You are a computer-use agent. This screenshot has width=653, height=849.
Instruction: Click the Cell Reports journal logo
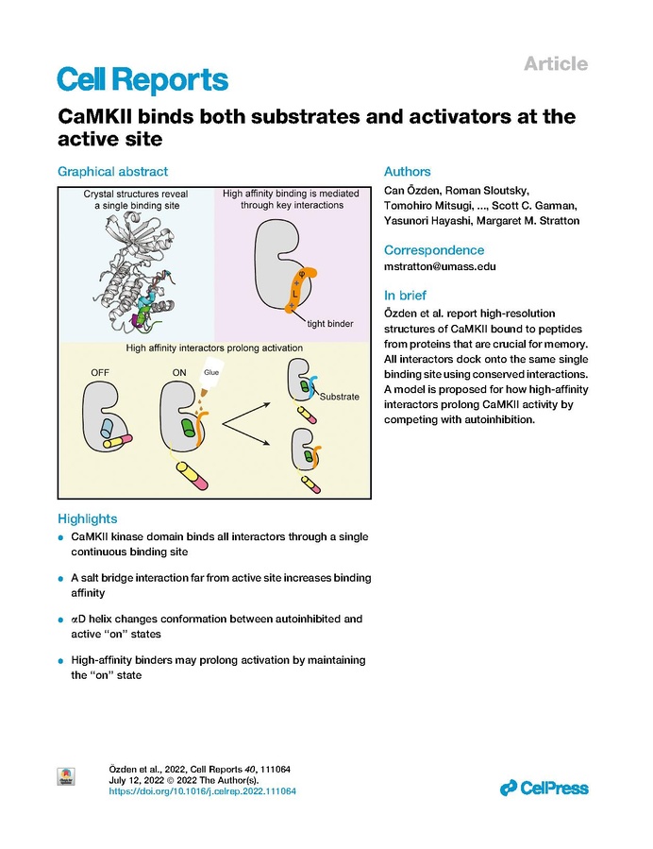[142, 79]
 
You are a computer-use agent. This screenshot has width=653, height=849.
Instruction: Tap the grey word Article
[556, 64]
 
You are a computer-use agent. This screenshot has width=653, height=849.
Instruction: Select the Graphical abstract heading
[112, 172]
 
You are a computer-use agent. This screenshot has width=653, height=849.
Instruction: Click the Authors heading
[408, 172]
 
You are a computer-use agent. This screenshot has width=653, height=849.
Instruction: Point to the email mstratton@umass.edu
[440, 266]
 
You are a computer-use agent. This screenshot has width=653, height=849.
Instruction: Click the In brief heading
[405, 295]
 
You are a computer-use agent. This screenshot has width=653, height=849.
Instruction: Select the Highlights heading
[88, 518]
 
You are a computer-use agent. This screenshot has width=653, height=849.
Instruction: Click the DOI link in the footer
[202, 791]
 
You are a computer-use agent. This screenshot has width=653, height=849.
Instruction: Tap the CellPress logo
[544, 788]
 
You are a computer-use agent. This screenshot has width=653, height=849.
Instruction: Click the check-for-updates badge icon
[66, 776]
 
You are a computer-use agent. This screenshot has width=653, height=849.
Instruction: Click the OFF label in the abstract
[100, 372]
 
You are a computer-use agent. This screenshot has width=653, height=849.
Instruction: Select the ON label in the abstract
[179, 372]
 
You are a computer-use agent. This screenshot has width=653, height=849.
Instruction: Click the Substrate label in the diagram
[339, 397]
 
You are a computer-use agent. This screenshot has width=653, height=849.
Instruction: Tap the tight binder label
[330, 324]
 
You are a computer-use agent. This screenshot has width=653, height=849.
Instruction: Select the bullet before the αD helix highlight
[60, 620]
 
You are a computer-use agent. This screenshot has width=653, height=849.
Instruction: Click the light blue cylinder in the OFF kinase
[107, 427]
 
